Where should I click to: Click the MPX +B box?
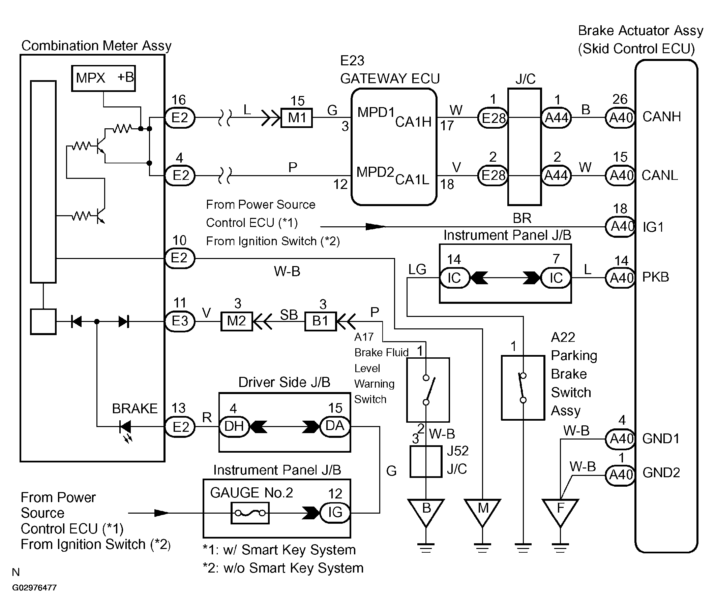103,78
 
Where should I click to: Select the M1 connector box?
297,118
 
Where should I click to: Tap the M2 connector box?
237,321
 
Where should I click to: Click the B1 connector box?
320,321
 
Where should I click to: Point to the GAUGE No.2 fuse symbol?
250,513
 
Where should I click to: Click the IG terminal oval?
335,512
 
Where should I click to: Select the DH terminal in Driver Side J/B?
234,427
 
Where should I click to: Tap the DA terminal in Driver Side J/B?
335,426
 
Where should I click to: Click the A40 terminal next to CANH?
621,118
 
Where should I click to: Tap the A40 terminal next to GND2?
621,475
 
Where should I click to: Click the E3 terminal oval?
180,321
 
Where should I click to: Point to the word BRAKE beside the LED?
135,409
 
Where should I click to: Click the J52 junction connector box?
426,462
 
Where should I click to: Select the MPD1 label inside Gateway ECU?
376,112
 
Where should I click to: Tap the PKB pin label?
656,277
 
